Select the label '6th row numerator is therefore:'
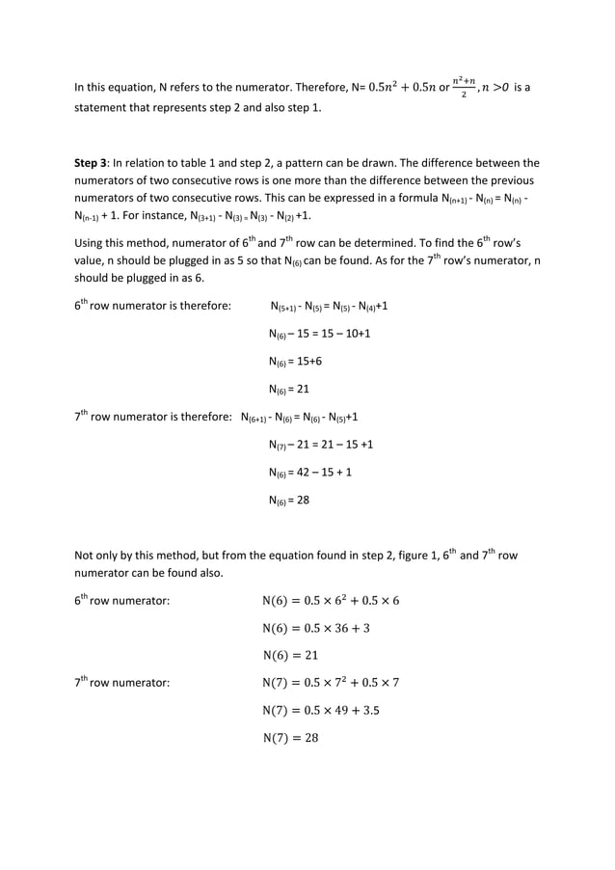click(152, 306)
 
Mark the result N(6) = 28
click(288, 502)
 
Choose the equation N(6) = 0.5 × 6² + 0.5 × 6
click(331, 600)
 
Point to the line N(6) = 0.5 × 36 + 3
click(315, 628)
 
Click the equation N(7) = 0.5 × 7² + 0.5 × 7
click(331, 682)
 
